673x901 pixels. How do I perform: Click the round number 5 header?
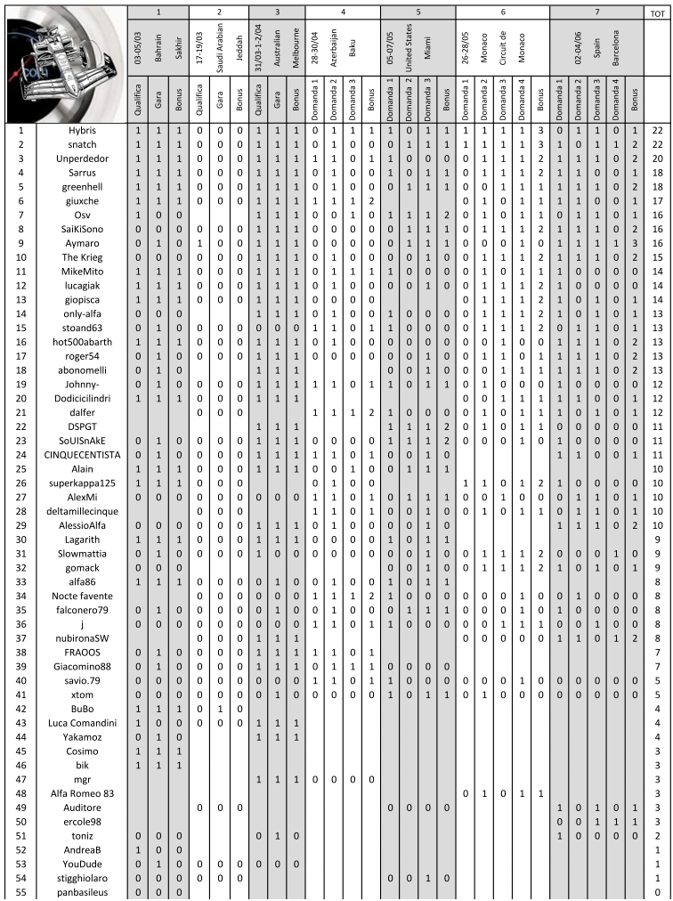pos(418,13)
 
